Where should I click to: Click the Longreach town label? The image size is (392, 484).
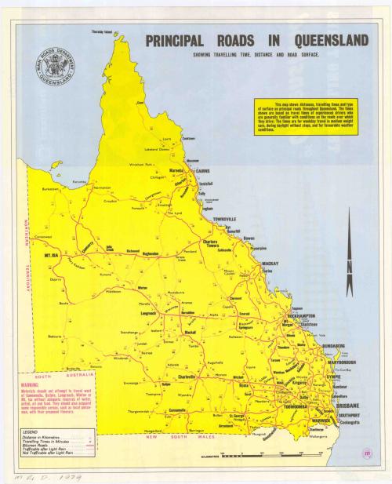(148, 312)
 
